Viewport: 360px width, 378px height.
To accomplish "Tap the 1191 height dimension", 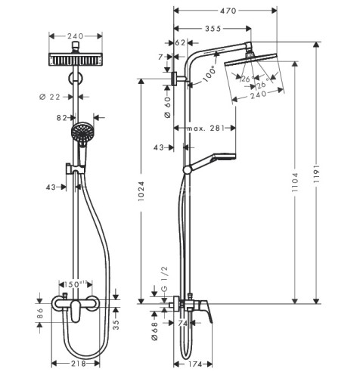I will point(340,181).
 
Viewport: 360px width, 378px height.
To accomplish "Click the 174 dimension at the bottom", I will point(194,366).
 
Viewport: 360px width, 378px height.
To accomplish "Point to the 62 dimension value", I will point(180,43).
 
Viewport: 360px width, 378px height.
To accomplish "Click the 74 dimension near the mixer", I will point(183,323).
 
